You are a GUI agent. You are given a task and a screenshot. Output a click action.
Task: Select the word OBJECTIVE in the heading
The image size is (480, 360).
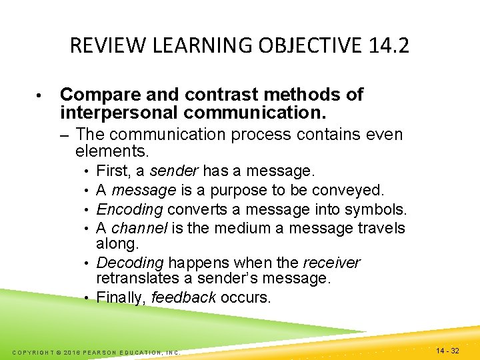click(x=291, y=46)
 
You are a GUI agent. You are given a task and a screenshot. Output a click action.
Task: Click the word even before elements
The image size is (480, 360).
click(x=385, y=135)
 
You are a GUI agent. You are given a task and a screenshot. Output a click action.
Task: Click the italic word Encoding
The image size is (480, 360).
click(x=130, y=209)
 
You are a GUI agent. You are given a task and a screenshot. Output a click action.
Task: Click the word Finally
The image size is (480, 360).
click(x=121, y=297)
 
